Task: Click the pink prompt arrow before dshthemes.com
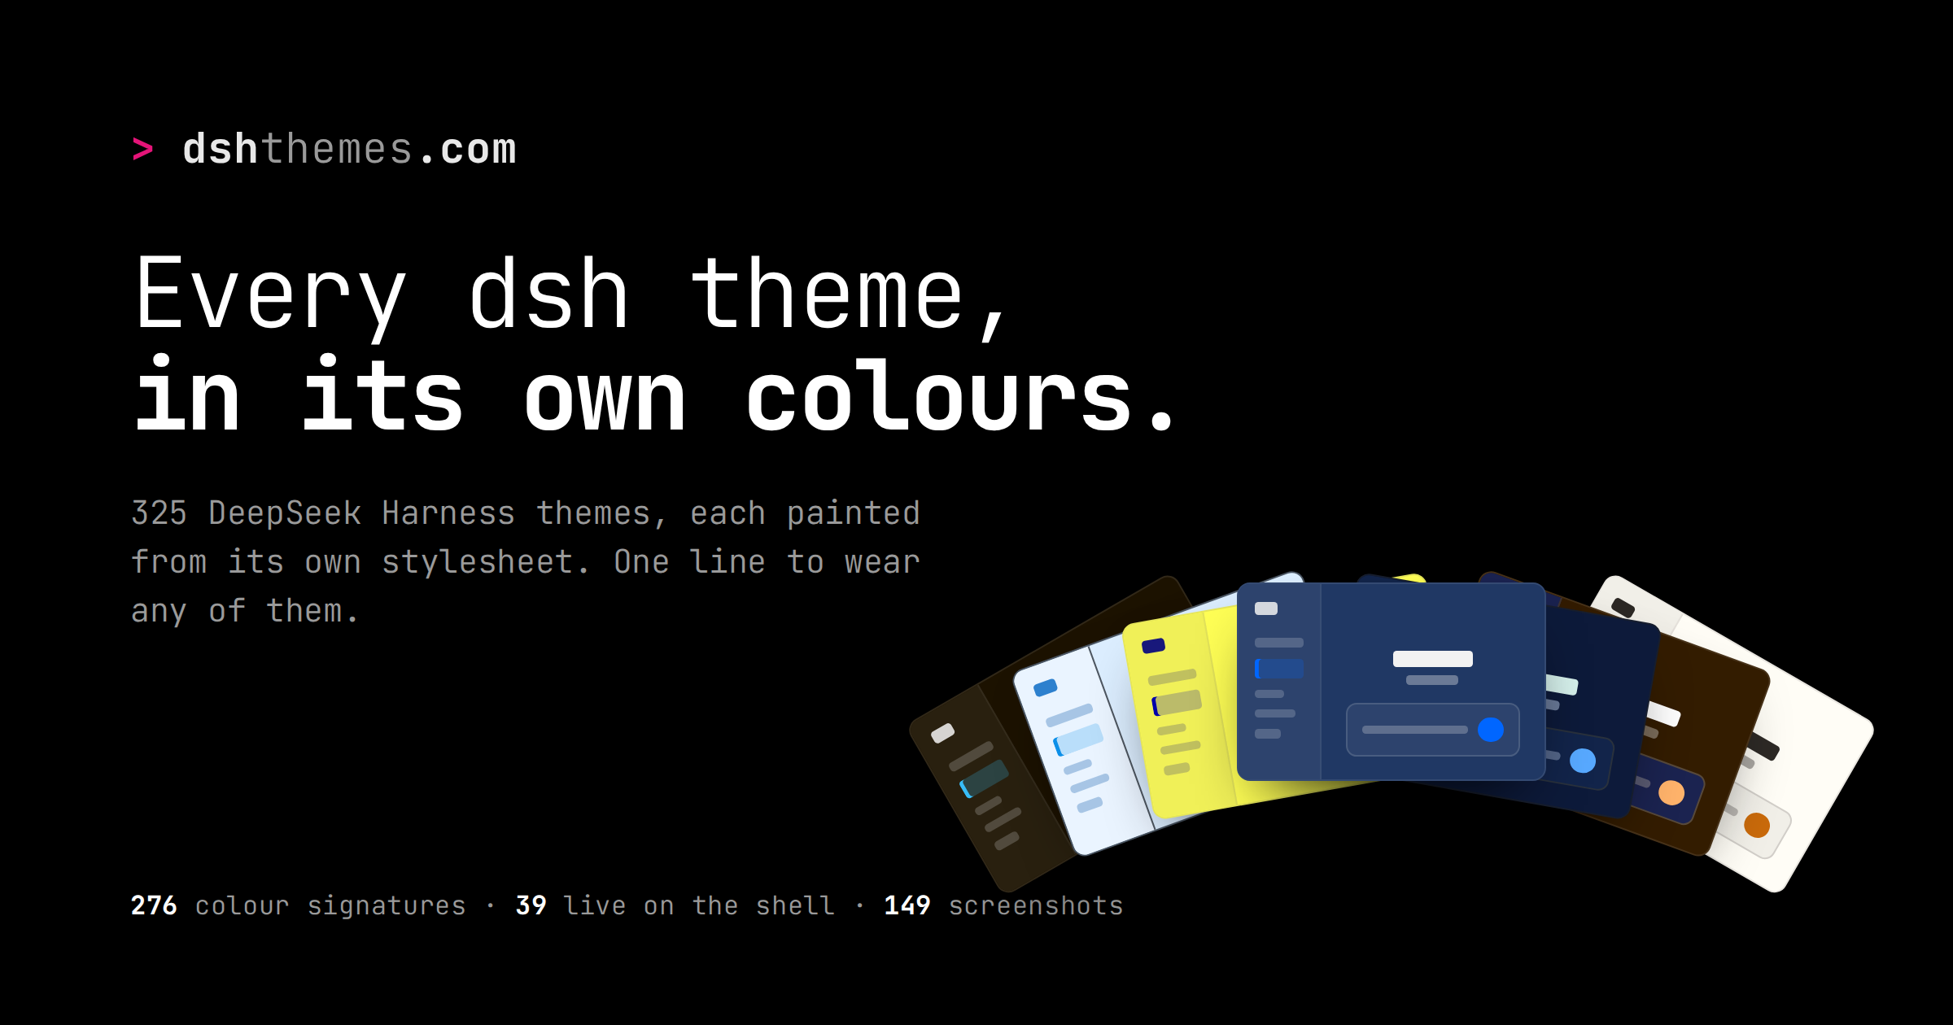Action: tap(142, 149)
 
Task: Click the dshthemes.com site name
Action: tap(349, 150)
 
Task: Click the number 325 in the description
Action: tap(159, 513)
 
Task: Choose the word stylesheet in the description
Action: tap(478, 562)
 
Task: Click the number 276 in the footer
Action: tap(154, 905)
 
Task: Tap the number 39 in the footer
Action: tap(531, 905)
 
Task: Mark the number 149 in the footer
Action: tap(907, 905)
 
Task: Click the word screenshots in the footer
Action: tap(1036, 905)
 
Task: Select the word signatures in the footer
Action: tap(387, 906)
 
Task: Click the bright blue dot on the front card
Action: tap(1491, 730)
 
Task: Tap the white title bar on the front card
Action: tap(1433, 659)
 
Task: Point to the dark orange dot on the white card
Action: tap(1757, 825)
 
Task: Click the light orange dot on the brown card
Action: tap(1671, 792)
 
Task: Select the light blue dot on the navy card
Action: tap(1583, 761)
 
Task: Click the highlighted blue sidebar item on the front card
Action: tap(1279, 669)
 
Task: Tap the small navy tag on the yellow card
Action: tap(1154, 646)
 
